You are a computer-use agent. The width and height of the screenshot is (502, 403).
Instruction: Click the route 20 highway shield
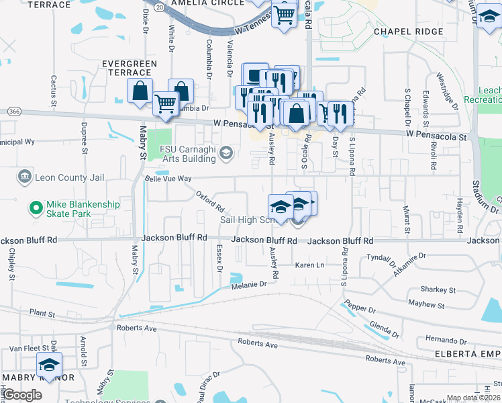158,7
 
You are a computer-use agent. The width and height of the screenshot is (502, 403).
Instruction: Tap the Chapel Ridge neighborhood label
409,32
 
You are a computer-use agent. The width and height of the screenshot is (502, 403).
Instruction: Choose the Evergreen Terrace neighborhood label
129,68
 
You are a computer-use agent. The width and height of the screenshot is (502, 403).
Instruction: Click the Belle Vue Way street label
168,179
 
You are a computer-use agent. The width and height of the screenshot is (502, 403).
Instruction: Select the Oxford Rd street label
209,200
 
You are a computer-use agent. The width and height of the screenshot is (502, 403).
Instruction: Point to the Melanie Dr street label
249,285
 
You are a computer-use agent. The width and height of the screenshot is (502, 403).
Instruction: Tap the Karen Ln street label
309,265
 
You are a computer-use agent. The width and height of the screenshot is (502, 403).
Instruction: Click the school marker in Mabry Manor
49,365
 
